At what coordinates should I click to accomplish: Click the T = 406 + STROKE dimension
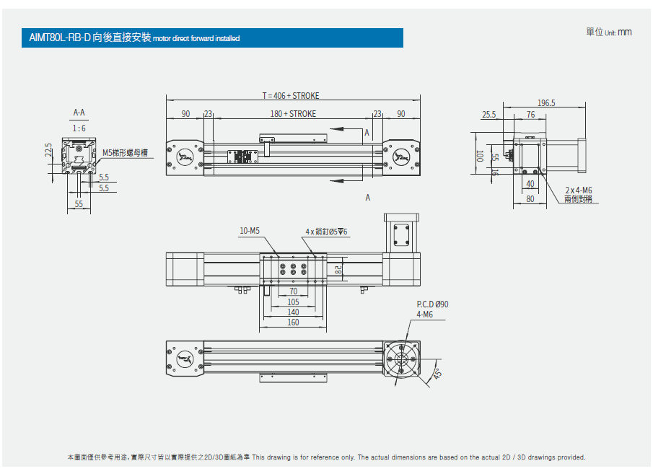point(290,96)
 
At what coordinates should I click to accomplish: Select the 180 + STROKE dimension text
point(293,114)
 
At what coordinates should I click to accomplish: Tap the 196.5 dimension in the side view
point(546,103)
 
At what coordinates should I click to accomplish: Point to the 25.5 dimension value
point(489,115)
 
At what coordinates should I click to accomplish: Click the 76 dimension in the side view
point(530,115)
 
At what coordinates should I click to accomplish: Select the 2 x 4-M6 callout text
point(579,190)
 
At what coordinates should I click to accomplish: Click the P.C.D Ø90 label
point(432,304)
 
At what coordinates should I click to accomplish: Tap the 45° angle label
point(437,373)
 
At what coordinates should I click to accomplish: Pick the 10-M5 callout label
point(249,231)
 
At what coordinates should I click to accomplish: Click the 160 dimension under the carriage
point(293,322)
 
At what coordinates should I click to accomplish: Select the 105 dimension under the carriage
point(293,302)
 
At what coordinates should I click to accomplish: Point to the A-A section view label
point(79,113)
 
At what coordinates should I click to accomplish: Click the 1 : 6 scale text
point(79,128)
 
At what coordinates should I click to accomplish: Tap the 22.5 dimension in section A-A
point(48,150)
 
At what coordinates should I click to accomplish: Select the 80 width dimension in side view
point(530,200)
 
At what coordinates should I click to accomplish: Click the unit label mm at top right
point(625,32)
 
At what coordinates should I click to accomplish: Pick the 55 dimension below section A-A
point(79,205)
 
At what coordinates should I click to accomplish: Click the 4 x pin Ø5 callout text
point(326,232)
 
